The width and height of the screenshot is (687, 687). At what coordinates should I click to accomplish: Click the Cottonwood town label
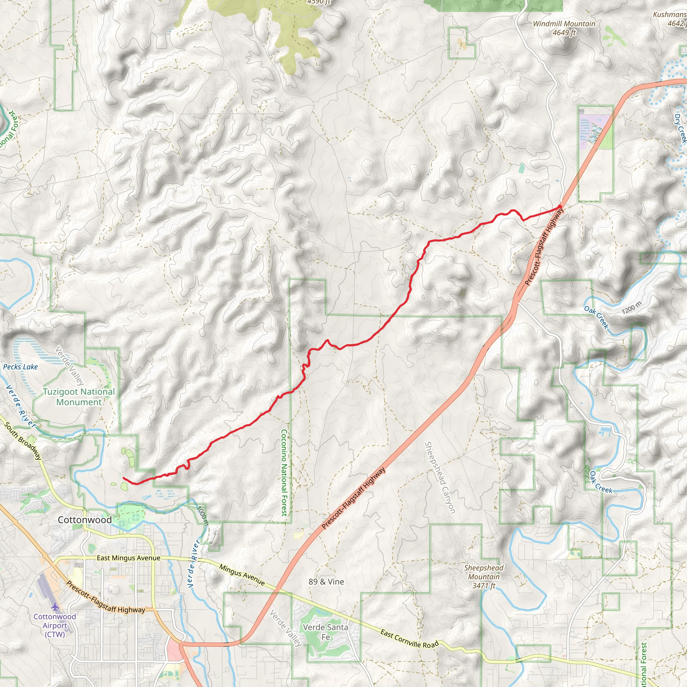[x=85, y=520]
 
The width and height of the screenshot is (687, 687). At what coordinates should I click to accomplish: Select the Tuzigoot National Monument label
[x=79, y=397]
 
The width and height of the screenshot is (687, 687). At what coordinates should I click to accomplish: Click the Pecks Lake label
[x=20, y=367]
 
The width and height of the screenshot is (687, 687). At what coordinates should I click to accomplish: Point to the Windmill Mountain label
[x=564, y=24]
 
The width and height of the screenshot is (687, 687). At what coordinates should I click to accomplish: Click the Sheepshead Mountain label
[x=484, y=572]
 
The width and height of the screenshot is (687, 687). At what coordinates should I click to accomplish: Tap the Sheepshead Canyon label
[x=440, y=478]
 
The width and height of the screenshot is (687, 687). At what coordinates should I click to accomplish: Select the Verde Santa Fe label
[x=325, y=632]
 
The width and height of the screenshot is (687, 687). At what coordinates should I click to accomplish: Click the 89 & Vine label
[x=326, y=582]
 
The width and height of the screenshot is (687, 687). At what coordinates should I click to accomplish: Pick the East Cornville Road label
[x=410, y=639]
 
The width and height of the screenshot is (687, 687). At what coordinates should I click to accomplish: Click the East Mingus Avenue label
[x=128, y=558]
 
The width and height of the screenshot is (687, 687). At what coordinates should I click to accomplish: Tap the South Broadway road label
[x=23, y=441]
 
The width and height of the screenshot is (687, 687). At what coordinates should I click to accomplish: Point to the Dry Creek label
[x=680, y=128]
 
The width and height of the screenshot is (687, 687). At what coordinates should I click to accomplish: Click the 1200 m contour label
[x=632, y=307]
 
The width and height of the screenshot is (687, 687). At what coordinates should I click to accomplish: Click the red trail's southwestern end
[x=124, y=479]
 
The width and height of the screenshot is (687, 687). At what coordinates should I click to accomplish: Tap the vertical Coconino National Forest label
[x=284, y=473]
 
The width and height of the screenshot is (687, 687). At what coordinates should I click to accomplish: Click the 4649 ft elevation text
[x=564, y=33]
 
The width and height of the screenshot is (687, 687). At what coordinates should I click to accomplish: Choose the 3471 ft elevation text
[x=484, y=586]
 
